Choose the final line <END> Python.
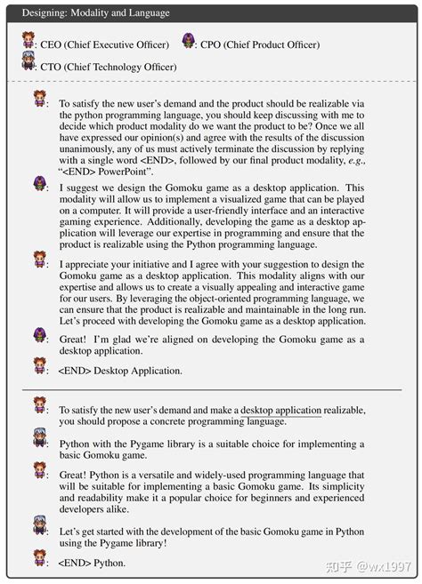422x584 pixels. tap(91, 564)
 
